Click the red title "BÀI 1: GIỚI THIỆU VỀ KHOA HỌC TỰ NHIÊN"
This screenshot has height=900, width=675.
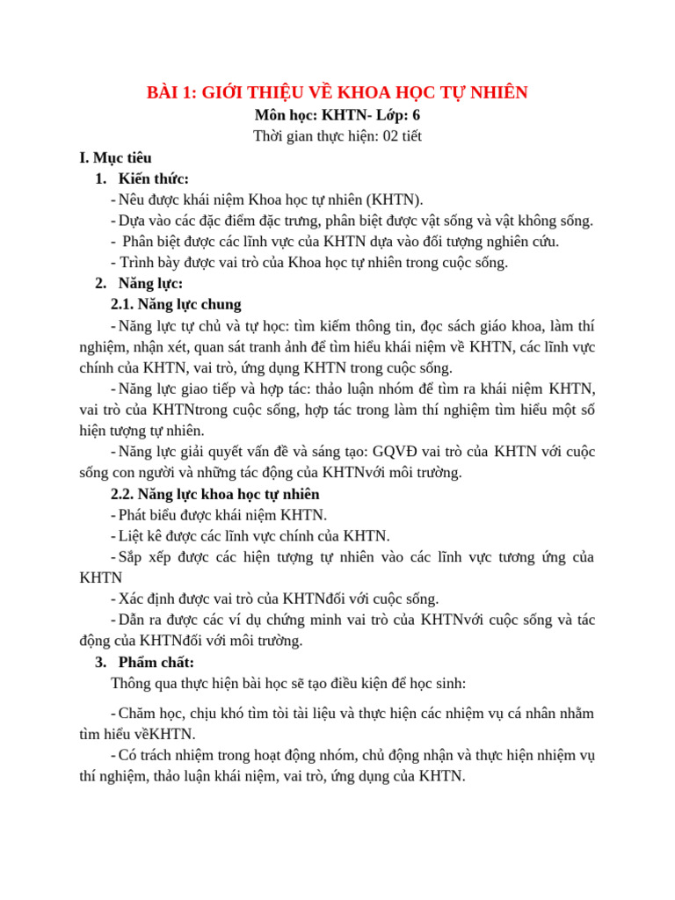(x=337, y=93)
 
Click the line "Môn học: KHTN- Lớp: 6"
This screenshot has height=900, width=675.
(x=337, y=115)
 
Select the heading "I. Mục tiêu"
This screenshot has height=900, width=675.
(x=115, y=158)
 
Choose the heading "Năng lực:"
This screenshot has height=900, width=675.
(x=150, y=283)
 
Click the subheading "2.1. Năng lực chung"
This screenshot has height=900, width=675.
(x=176, y=304)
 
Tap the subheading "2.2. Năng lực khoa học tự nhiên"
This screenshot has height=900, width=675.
(x=215, y=494)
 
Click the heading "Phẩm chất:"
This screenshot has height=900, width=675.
(x=156, y=662)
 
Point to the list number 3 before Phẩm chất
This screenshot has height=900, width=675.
(x=98, y=662)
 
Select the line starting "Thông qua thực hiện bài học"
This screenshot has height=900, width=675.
(x=288, y=683)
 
